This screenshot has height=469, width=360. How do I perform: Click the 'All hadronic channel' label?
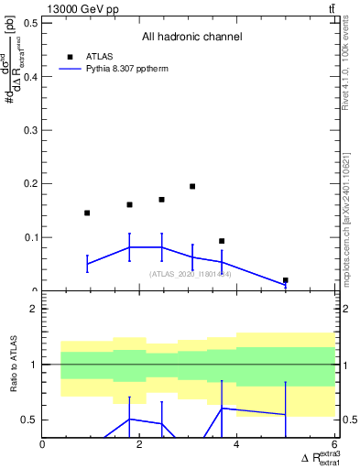[x=191, y=38]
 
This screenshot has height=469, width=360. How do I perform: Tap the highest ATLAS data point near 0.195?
[x=192, y=186]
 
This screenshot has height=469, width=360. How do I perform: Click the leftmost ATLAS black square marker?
[x=87, y=213]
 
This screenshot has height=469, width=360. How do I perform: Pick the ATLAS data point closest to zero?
[x=286, y=280]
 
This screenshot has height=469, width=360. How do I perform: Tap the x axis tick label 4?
[x=237, y=445]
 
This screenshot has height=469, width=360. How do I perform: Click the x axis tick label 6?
[x=334, y=445]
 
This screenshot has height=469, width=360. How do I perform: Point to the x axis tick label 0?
[x=43, y=445]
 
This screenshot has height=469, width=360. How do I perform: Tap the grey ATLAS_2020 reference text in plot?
[x=191, y=274]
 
